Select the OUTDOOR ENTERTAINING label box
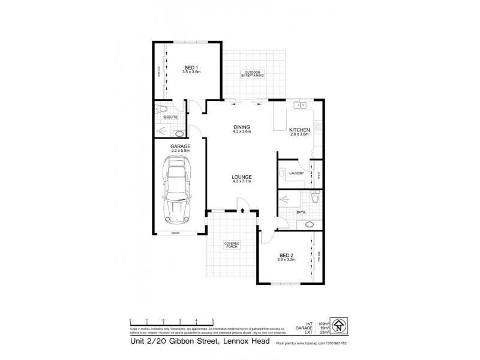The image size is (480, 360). click(253, 74)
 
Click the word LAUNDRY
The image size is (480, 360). click(296, 173)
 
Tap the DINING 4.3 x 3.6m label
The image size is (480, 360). click(242, 129)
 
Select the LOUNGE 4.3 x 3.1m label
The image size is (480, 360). click(242, 179)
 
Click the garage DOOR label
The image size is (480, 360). click(175, 233)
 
